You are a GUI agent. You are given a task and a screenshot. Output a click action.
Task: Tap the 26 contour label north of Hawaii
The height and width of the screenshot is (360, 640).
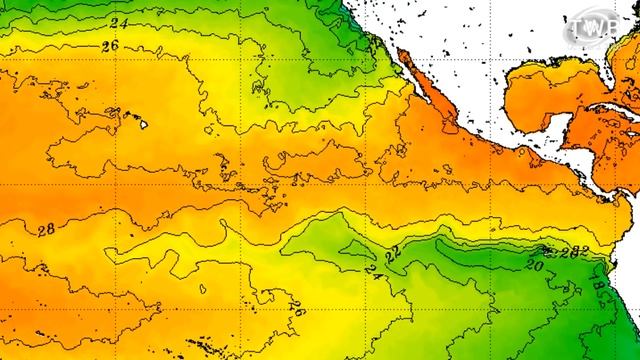109,45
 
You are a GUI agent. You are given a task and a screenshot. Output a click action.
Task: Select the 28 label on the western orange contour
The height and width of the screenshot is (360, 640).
45,229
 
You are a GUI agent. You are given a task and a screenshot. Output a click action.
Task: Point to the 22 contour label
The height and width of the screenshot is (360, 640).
392,254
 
